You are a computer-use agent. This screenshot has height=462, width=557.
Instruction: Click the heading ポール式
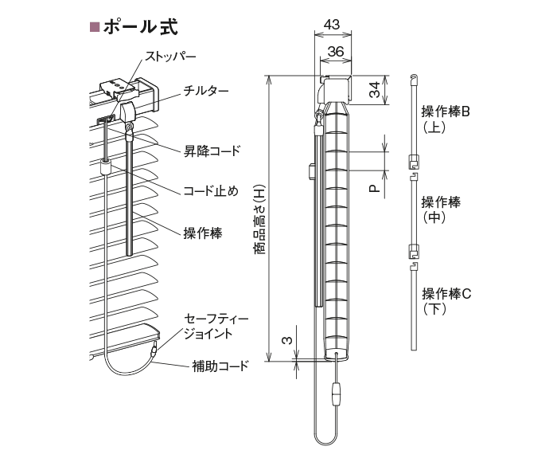[141, 26]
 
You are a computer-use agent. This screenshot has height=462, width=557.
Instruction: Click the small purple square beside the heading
[95, 27]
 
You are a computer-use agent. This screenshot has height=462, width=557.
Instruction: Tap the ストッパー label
[170, 57]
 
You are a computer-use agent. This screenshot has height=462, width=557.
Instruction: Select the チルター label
[206, 91]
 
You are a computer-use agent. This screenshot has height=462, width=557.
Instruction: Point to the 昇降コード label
[212, 151]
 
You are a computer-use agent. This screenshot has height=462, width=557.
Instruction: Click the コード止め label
[211, 191]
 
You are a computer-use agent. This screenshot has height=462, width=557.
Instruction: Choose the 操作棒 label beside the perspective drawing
[203, 233]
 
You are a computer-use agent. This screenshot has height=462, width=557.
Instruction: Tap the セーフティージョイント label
[216, 326]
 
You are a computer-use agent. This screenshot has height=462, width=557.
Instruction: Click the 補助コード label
[220, 366]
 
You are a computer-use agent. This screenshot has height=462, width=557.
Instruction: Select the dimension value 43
[332, 24]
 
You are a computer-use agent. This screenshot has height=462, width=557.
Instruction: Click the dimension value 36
[336, 52]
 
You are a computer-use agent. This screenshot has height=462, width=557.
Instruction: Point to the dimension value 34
[375, 89]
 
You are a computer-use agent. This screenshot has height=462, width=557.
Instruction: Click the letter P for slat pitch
[375, 189]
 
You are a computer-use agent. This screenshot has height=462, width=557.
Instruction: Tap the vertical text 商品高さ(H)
[260, 219]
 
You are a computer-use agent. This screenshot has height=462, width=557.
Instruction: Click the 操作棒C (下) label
[446, 301]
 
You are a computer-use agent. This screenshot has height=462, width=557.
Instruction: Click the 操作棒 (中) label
[441, 209]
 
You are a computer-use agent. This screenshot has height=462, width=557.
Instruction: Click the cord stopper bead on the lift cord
[106, 166]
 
